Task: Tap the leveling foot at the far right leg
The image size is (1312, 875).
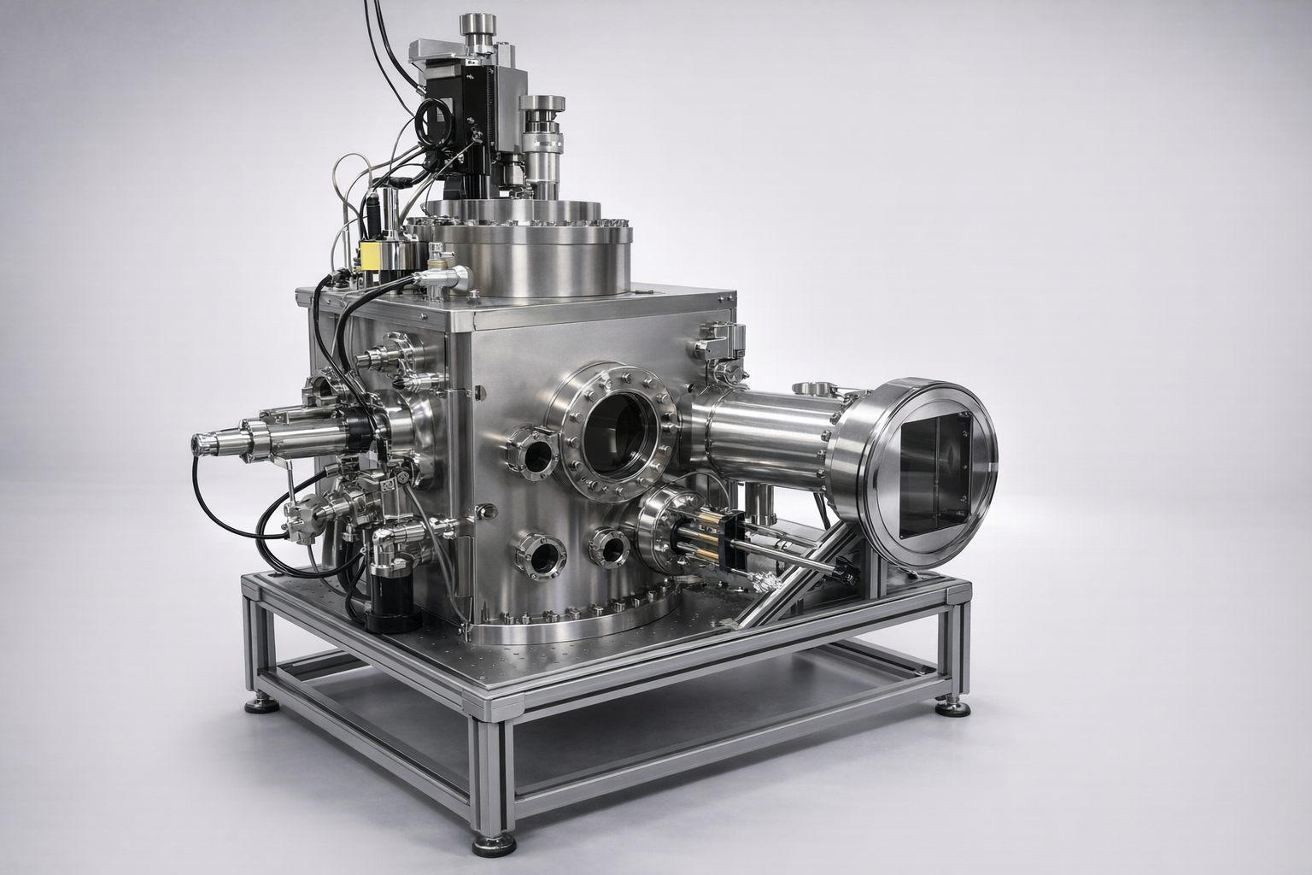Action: [952, 706]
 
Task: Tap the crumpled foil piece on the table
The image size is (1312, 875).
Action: [762, 583]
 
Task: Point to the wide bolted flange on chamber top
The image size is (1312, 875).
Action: [521, 231]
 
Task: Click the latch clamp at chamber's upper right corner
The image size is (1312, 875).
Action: [716, 342]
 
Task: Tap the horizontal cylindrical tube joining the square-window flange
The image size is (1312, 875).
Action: [760, 436]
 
